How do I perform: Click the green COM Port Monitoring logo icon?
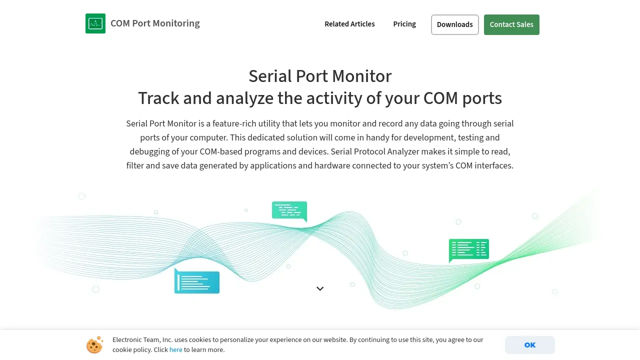tap(95, 23)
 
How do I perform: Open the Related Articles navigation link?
tap(349, 24)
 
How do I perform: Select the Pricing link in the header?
tap(404, 24)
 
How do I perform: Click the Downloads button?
tap(454, 24)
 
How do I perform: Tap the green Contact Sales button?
tap(511, 24)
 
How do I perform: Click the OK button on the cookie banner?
tap(529, 345)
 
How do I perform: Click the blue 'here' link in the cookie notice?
tap(175, 349)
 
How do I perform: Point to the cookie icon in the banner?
tap(94, 345)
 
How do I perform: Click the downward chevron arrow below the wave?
tap(320, 288)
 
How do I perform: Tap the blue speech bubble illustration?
tap(197, 281)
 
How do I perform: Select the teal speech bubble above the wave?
tap(289, 211)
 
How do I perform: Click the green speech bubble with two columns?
tap(469, 249)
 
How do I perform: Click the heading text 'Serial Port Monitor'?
tap(320, 76)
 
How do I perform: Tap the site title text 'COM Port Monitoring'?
tap(155, 23)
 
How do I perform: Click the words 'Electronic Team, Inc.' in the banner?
tap(142, 339)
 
